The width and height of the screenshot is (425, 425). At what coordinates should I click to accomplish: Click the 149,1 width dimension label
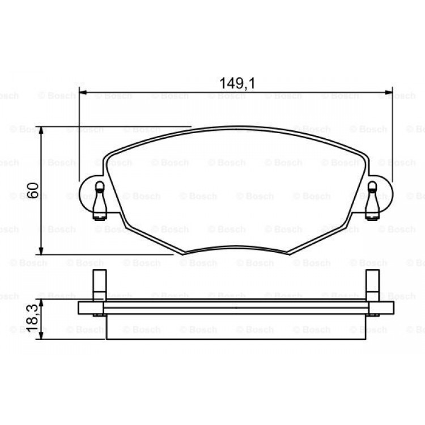[237, 83]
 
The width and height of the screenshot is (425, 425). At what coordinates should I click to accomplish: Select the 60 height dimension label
[33, 190]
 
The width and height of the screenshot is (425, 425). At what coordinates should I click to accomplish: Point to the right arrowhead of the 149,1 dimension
[389, 92]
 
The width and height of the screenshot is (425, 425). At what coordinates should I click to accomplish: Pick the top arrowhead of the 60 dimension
[41, 130]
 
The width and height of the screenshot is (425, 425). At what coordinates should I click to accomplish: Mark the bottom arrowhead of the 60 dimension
[41, 250]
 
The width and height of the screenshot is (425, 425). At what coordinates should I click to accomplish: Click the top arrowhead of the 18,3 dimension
[41, 303]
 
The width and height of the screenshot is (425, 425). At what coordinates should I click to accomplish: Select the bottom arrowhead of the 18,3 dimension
[41, 335]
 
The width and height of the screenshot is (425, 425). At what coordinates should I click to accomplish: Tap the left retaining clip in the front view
[100, 200]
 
